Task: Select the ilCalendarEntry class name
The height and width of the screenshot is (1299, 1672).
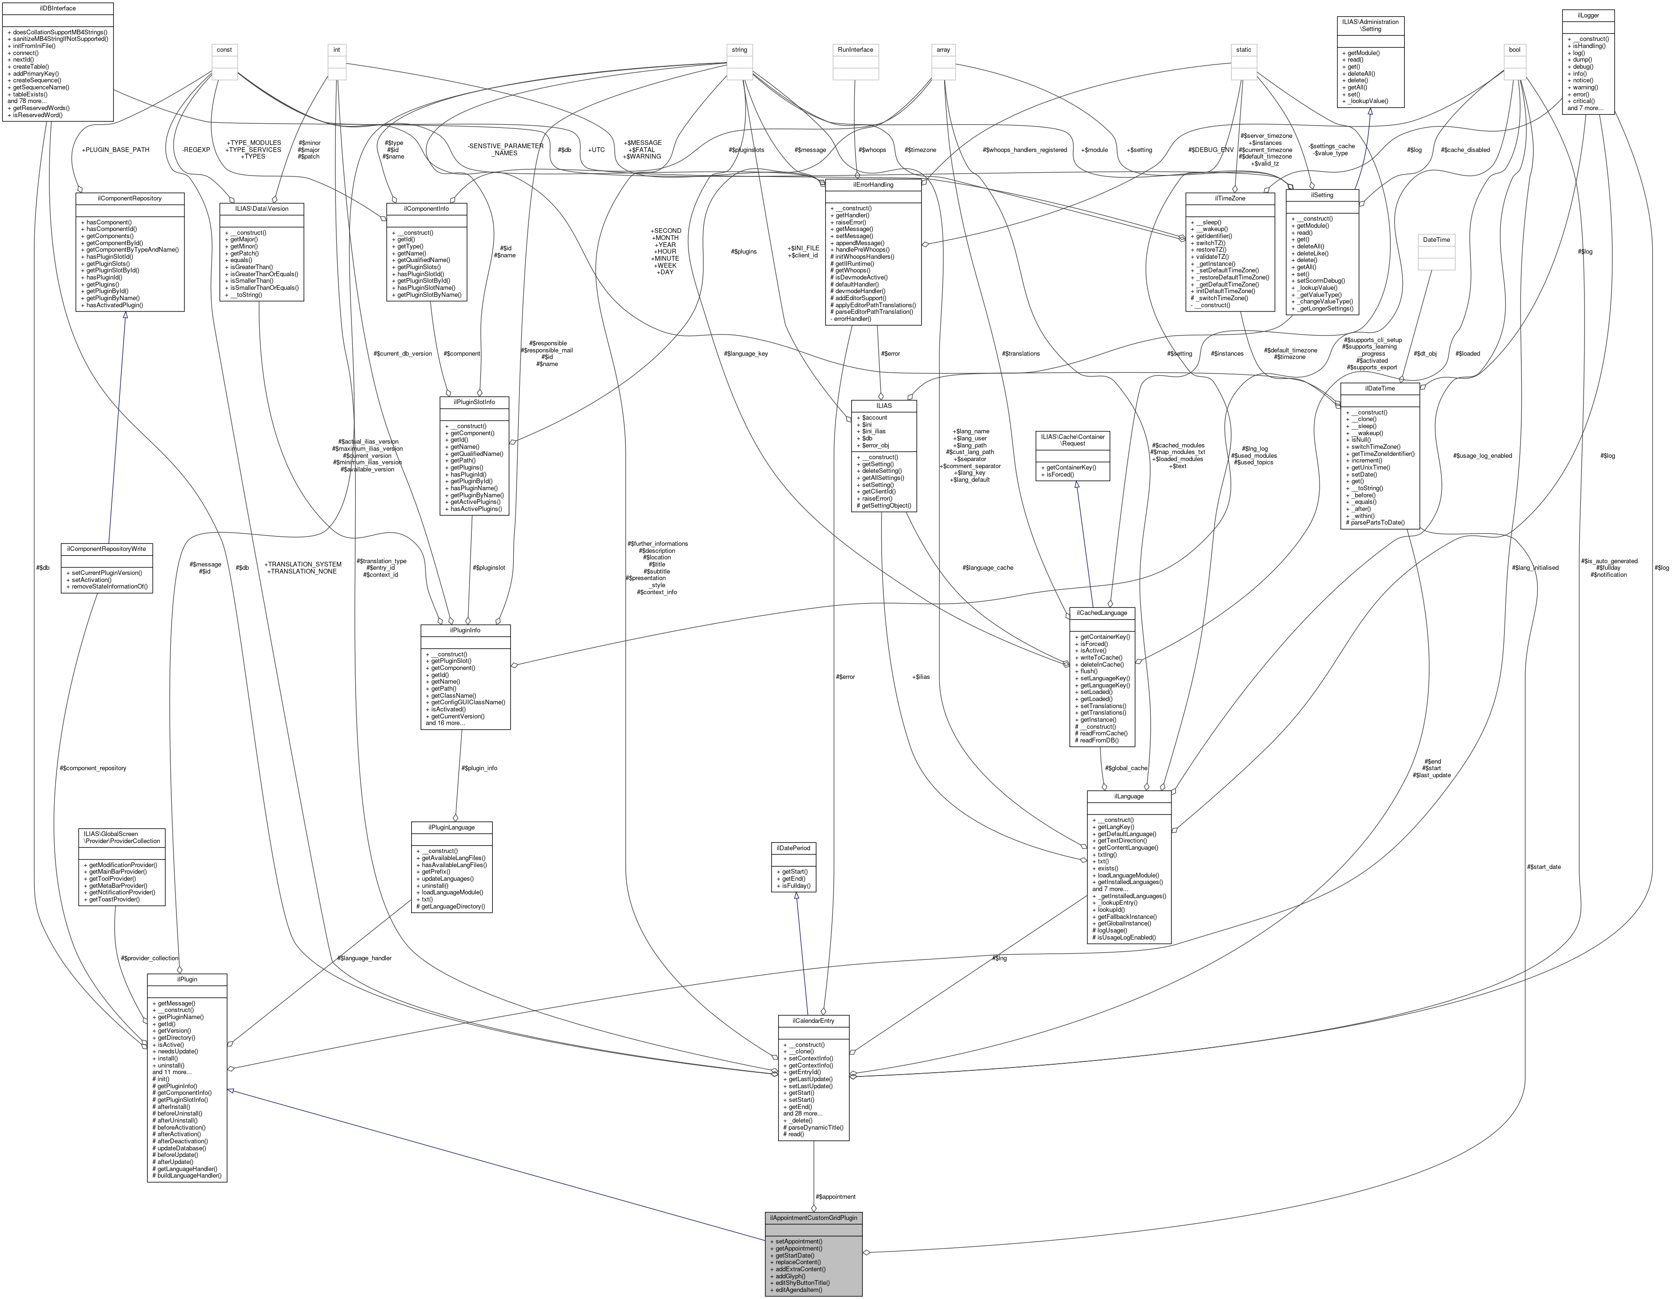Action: [x=813, y=1020]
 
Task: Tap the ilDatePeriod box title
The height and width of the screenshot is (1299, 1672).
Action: [x=796, y=848]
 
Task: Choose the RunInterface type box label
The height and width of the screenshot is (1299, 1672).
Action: [x=855, y=50]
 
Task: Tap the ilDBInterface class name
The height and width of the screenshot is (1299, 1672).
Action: [x=57, y=8]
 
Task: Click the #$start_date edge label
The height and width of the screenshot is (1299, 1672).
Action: [x=1544, y=867]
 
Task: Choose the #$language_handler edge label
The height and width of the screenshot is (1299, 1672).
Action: [x=365, y=957]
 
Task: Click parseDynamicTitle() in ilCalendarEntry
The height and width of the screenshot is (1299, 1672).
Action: [x=813, y=1128]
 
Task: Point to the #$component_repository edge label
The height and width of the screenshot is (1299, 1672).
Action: [x=93, y=768]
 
